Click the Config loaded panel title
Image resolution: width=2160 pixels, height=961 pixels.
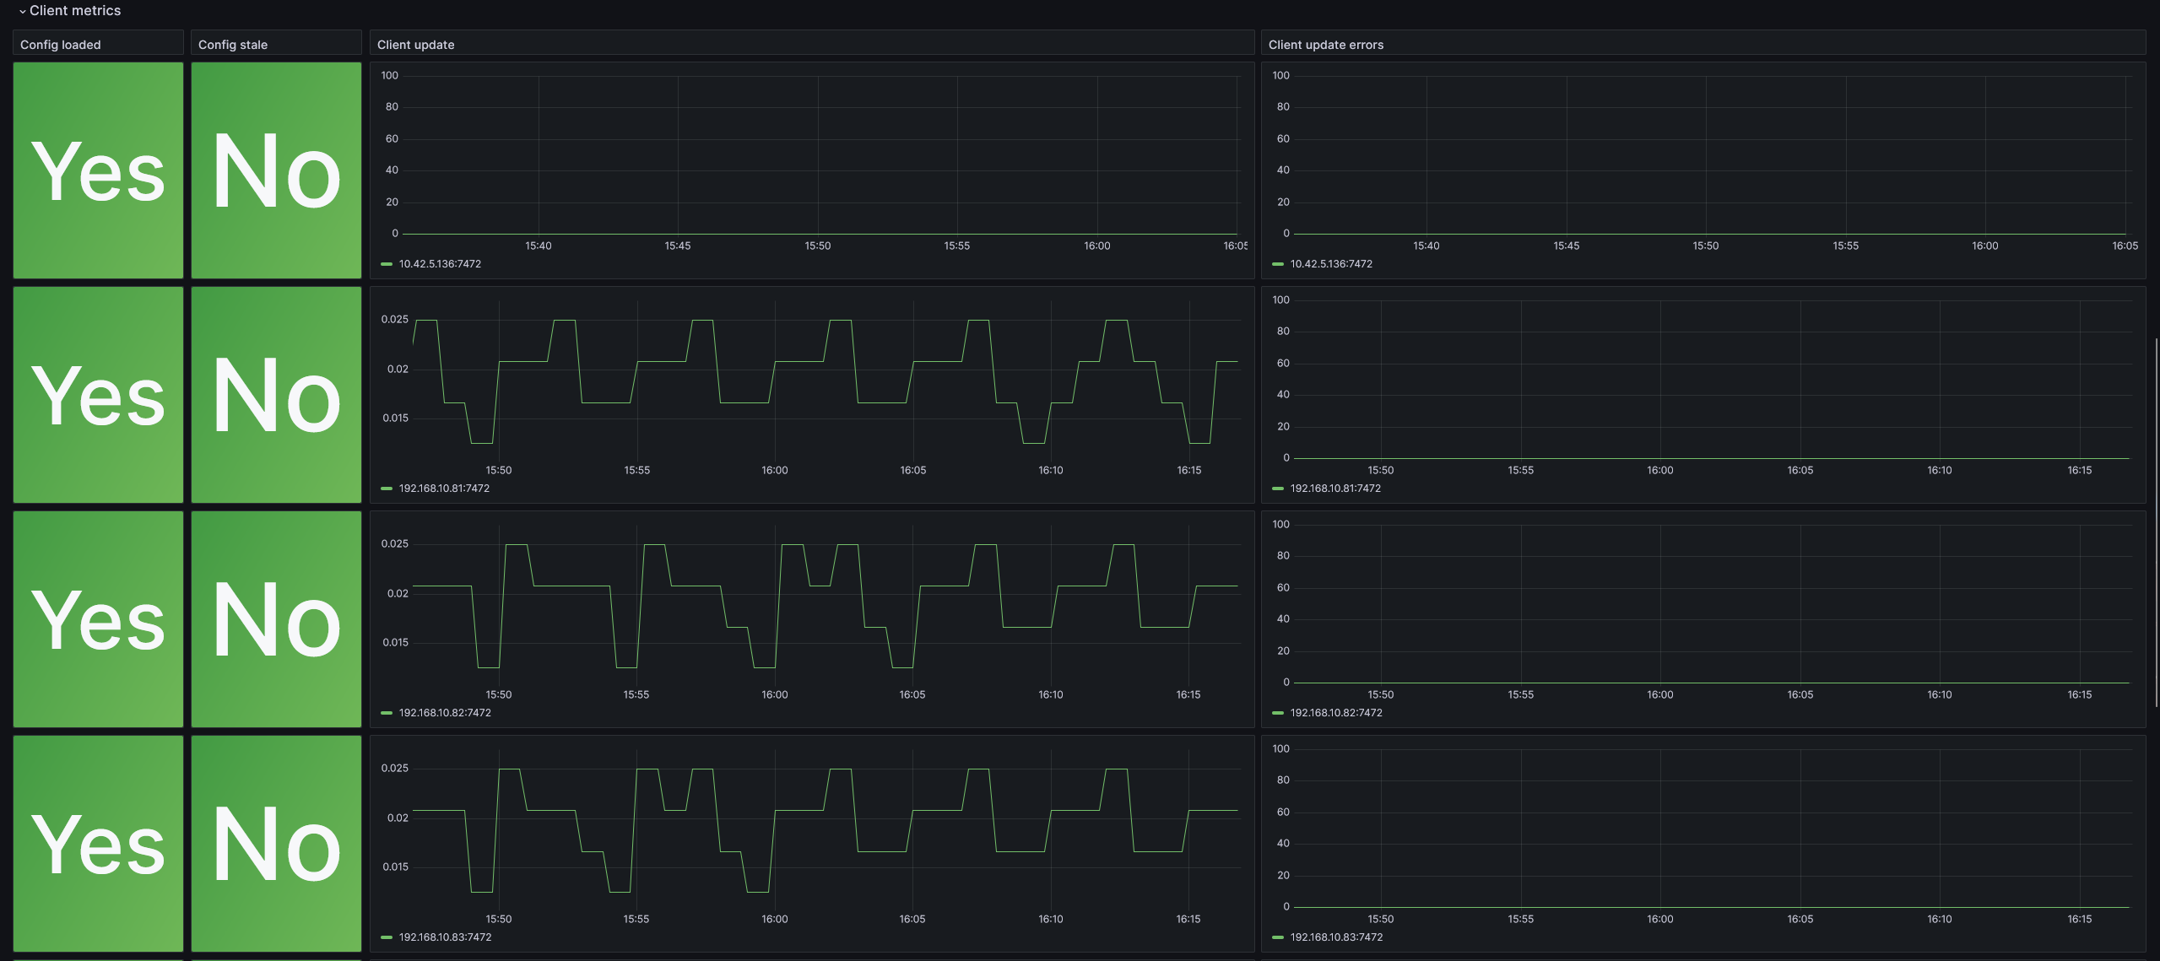click(x=60, y=45)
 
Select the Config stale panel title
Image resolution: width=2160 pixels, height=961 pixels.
click(x=233, y=45)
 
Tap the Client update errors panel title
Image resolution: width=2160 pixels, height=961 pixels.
click(x=1325, y=45)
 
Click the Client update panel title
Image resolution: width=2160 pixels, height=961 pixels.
click(x=415, y=45)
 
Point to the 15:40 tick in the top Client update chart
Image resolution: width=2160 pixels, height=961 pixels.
click(x=539, y=246)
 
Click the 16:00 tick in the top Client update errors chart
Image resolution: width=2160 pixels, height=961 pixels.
click(x=1984, y=246)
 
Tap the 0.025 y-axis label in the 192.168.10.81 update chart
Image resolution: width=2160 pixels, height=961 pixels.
click(x=394, y=319)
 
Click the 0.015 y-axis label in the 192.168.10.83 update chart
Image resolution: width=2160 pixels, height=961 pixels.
click(x=395, y=867)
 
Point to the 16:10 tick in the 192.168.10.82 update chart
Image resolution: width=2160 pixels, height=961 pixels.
click(x=1051, y=694)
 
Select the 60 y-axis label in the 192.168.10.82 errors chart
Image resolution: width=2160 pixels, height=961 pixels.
click(x=1283, y=587)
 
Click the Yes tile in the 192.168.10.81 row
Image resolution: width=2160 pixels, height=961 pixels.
click(x=98, y=395)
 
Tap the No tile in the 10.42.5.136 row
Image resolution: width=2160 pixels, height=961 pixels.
click(x=276, y=170)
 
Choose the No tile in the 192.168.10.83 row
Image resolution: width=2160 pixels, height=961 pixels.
click(x=276, y=844)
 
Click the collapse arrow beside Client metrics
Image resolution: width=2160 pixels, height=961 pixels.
click(x=22, y=11)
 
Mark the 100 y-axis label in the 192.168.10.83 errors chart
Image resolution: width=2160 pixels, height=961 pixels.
click(x=1280, y=748)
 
